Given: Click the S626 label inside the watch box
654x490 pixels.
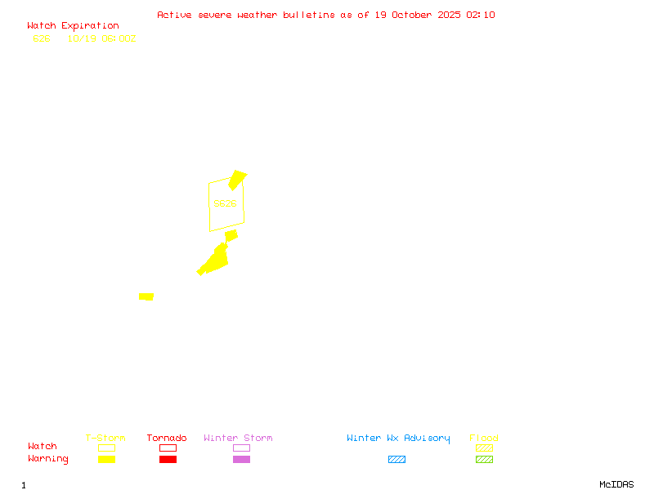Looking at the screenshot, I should (225, 203).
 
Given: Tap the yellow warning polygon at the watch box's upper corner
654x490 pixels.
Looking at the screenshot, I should (237, 179).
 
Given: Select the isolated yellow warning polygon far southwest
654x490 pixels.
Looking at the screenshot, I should (146, 296).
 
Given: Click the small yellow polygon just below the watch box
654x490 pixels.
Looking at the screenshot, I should (231, 236).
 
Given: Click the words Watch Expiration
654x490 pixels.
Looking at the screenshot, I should (73, 26).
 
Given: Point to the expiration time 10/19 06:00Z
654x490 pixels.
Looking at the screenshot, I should (101, 38).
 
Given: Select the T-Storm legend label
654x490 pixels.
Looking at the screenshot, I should (105, 439).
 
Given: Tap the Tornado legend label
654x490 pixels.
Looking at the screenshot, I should (167, 439).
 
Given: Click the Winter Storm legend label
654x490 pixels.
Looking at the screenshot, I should (238, 439).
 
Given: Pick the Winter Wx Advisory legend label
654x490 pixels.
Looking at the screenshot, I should (398, 439).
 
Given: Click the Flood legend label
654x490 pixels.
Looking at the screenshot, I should (484, 439).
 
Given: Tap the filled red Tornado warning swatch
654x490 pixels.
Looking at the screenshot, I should (168, 460).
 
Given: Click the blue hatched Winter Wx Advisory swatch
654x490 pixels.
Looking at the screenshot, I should (396, 460).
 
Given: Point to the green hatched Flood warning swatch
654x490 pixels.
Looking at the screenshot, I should (484, 460).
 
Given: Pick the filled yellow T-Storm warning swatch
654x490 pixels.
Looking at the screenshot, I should (106, 460).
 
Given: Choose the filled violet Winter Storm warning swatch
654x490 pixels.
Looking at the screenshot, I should (241, 460).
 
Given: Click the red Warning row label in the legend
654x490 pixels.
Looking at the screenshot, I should (48, 459).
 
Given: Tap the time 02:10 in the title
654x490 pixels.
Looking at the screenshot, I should (481, 15).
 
